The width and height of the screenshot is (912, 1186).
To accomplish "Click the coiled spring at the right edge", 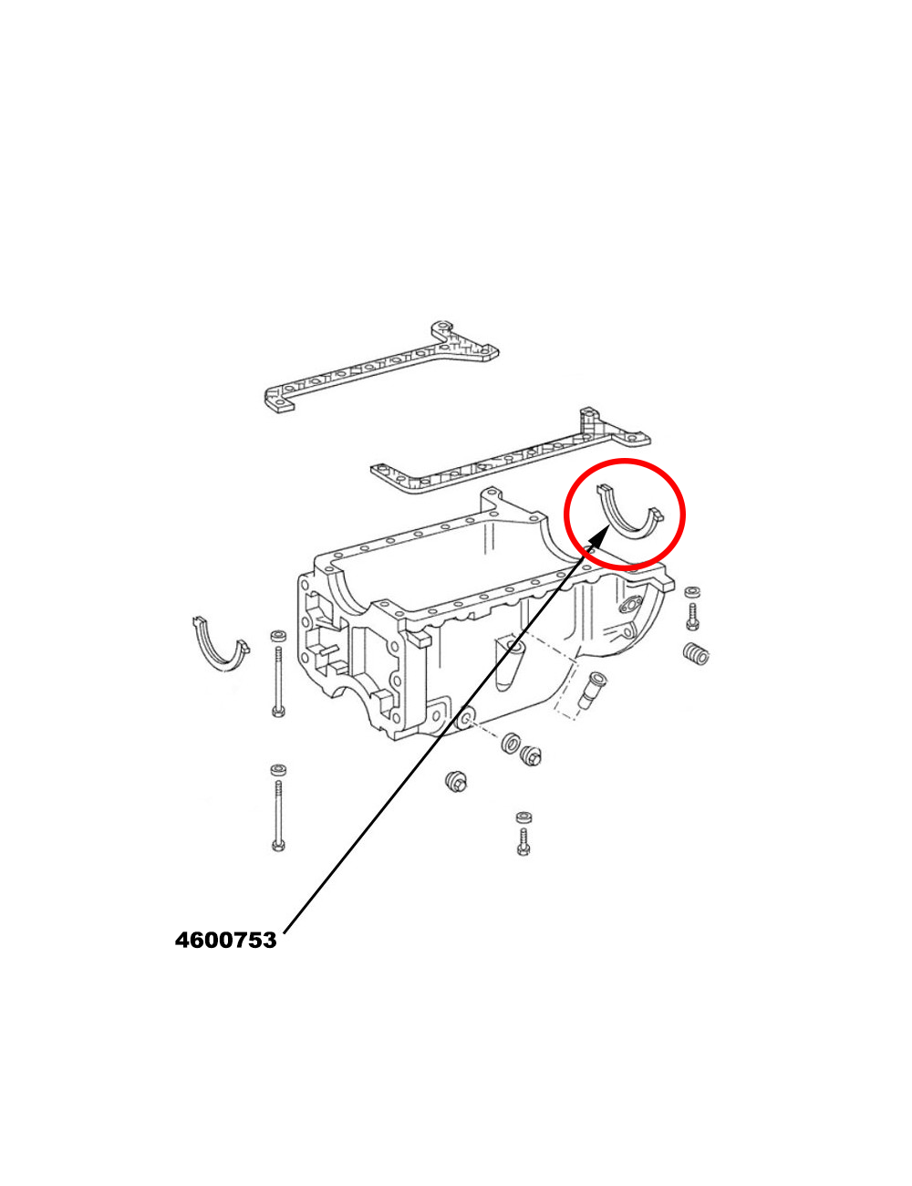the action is click(x=696, y=653).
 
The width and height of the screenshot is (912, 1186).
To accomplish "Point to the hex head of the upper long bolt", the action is click(x=277, y=712).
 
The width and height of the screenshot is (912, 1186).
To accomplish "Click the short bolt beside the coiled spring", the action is click(x=693, y=617).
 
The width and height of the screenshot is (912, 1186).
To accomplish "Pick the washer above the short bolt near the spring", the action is click(x=693, y=592).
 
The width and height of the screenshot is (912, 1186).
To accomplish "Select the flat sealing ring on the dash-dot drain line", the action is click(x=511, y=743).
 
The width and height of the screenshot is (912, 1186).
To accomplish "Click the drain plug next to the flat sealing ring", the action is click(x=530, y=755).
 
